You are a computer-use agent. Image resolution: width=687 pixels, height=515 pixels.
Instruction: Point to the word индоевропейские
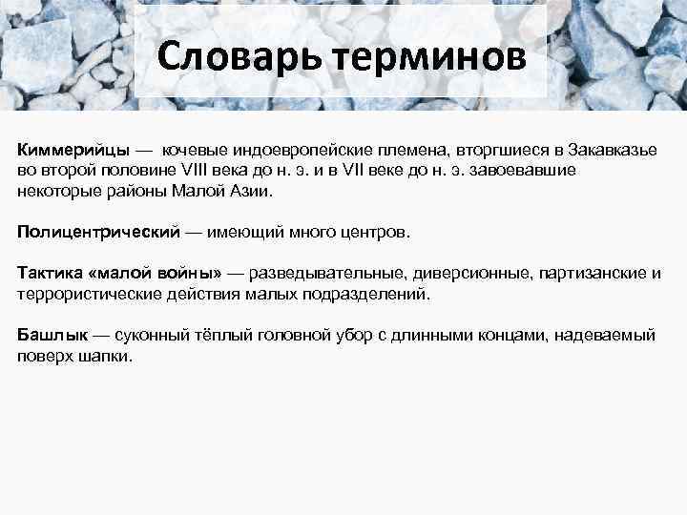click(284, 150)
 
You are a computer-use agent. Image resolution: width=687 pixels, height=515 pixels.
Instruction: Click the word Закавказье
click(615, 150)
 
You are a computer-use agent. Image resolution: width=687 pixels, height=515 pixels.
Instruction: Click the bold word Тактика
click(49, 273)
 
